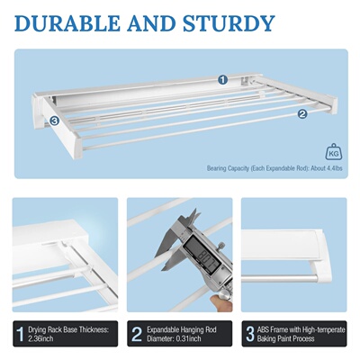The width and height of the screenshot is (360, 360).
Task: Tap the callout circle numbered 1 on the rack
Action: tap(222, 79)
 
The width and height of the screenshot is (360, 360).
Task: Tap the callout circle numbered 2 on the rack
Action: tap(302, 113)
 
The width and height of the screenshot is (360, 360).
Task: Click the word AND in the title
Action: tap(160, 22)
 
